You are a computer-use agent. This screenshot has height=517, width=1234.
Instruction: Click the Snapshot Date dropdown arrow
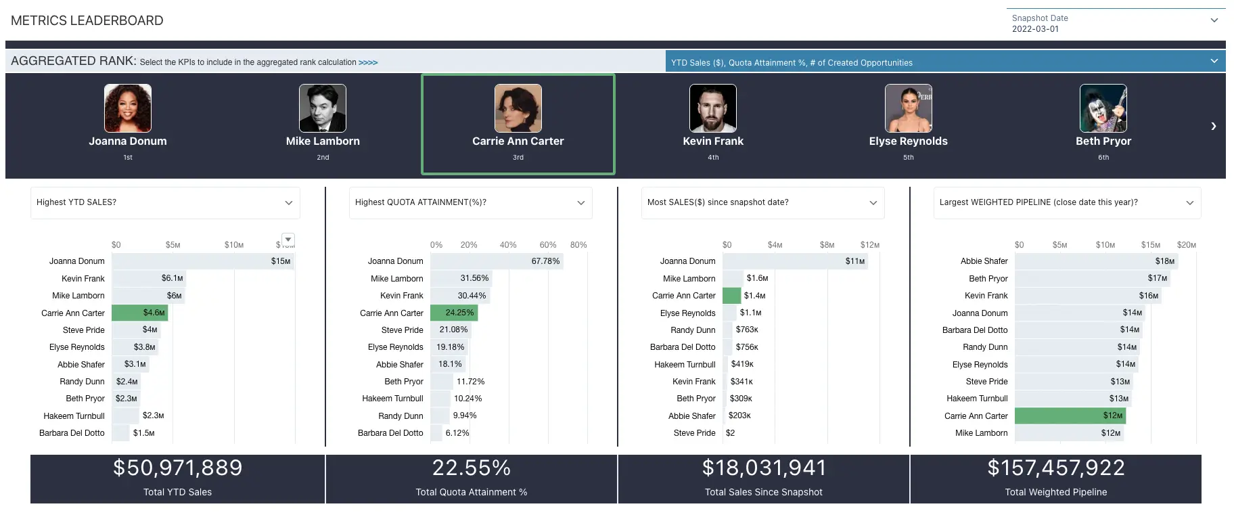click(1214, 20)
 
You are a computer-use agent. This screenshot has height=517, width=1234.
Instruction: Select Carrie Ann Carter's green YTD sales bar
click(139, 313)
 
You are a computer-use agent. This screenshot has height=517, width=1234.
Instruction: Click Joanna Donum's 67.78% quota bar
click(496, 261)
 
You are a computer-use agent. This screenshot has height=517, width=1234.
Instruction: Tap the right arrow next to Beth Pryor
click(1213, 126)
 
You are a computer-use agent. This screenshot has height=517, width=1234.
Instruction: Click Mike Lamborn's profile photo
click(323, 108)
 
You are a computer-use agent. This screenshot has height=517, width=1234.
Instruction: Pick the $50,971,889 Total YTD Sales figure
click(177, 468)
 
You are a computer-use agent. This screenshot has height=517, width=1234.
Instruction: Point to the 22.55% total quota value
click(472, 468)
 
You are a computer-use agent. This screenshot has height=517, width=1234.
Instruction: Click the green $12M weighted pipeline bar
click(1069, 415)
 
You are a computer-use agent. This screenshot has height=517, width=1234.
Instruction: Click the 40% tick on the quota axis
click(508, 245)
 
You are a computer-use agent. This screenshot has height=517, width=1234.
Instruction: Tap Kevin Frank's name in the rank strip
click(713, 141)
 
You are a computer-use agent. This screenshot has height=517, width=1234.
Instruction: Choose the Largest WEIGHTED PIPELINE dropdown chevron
click(1189, 203)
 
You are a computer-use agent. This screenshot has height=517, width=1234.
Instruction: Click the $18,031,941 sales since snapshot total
click(764, 468)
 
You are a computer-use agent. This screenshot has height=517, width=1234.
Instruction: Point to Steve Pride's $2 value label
click(730, 433)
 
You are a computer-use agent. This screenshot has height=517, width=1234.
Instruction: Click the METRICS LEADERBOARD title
click(87, 20)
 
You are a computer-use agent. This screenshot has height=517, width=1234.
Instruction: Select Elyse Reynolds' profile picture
click(908, 108)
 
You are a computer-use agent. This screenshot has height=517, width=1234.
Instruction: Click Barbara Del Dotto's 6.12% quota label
click(457, 433)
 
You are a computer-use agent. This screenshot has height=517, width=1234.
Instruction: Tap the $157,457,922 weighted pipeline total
click(1055, 468)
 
